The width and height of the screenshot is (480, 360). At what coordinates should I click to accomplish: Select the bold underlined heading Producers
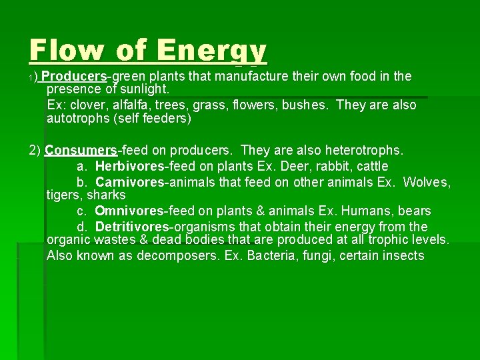point(77,76)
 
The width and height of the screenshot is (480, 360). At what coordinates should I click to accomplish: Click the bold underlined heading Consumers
point(81,150)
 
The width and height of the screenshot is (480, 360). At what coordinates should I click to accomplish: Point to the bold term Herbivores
point(130,166)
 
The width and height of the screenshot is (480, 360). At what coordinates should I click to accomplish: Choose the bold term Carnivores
point(129,182)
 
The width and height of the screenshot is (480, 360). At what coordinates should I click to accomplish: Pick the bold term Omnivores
point(129,211)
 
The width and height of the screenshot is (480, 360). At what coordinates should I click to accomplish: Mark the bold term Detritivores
point(132,227)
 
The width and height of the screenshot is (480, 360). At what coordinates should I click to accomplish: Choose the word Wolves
point(427,182)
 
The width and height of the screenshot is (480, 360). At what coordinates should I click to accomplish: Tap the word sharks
point(107,195)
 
